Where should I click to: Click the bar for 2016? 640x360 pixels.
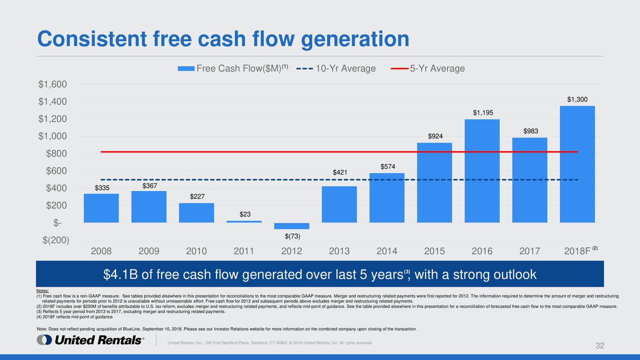482,170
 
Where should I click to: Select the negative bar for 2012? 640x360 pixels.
291,226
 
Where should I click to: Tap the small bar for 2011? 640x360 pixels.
244,221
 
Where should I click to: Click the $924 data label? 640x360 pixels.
434,136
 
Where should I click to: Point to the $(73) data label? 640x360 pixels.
291,236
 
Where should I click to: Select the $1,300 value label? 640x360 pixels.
577,99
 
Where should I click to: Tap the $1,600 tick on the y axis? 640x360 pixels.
52,84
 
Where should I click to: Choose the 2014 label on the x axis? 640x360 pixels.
387,251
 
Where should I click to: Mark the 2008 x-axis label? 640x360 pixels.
101,251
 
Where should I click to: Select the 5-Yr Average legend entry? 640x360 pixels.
428,68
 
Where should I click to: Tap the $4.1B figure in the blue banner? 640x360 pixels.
120,275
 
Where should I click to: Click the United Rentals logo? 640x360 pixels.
90,340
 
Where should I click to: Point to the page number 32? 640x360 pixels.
599,346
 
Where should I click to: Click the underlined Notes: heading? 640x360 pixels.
42,291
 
